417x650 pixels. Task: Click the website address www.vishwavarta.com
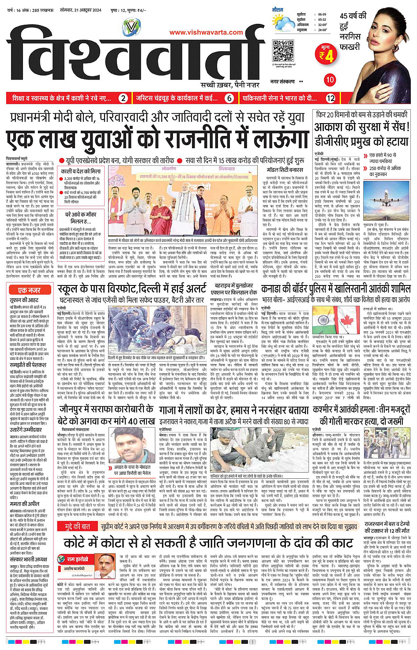206,32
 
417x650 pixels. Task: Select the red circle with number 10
330,80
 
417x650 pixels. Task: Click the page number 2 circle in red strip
124,98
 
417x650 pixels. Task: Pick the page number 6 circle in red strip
229,98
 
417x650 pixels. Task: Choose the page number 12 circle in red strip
331,98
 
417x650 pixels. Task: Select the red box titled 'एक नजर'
30,290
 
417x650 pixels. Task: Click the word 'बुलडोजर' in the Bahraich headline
240,286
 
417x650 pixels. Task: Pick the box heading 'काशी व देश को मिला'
81,171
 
